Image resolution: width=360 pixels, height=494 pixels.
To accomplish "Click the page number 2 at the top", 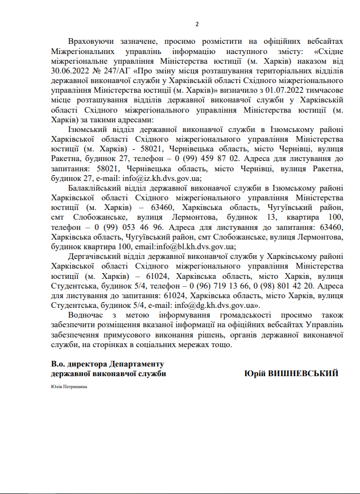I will (x=197, y=24).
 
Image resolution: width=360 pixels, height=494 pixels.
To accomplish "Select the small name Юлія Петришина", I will (x=69, y=386).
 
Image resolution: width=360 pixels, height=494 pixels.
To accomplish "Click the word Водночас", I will (x=86, y=315).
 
